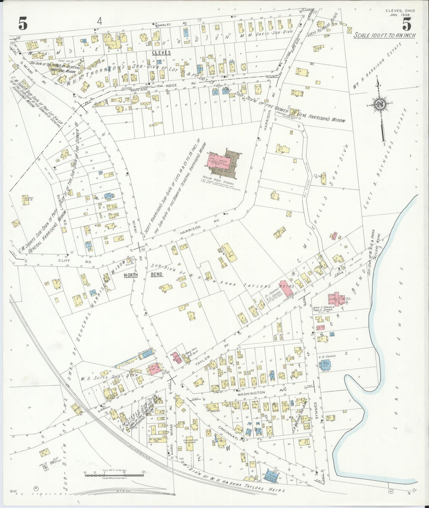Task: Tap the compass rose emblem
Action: pos(379,105)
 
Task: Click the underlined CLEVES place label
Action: pos(161,53)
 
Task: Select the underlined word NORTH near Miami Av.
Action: pos(131,275)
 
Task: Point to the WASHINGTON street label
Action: pos(255,392)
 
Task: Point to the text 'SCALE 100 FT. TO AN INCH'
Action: pos(384,35)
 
